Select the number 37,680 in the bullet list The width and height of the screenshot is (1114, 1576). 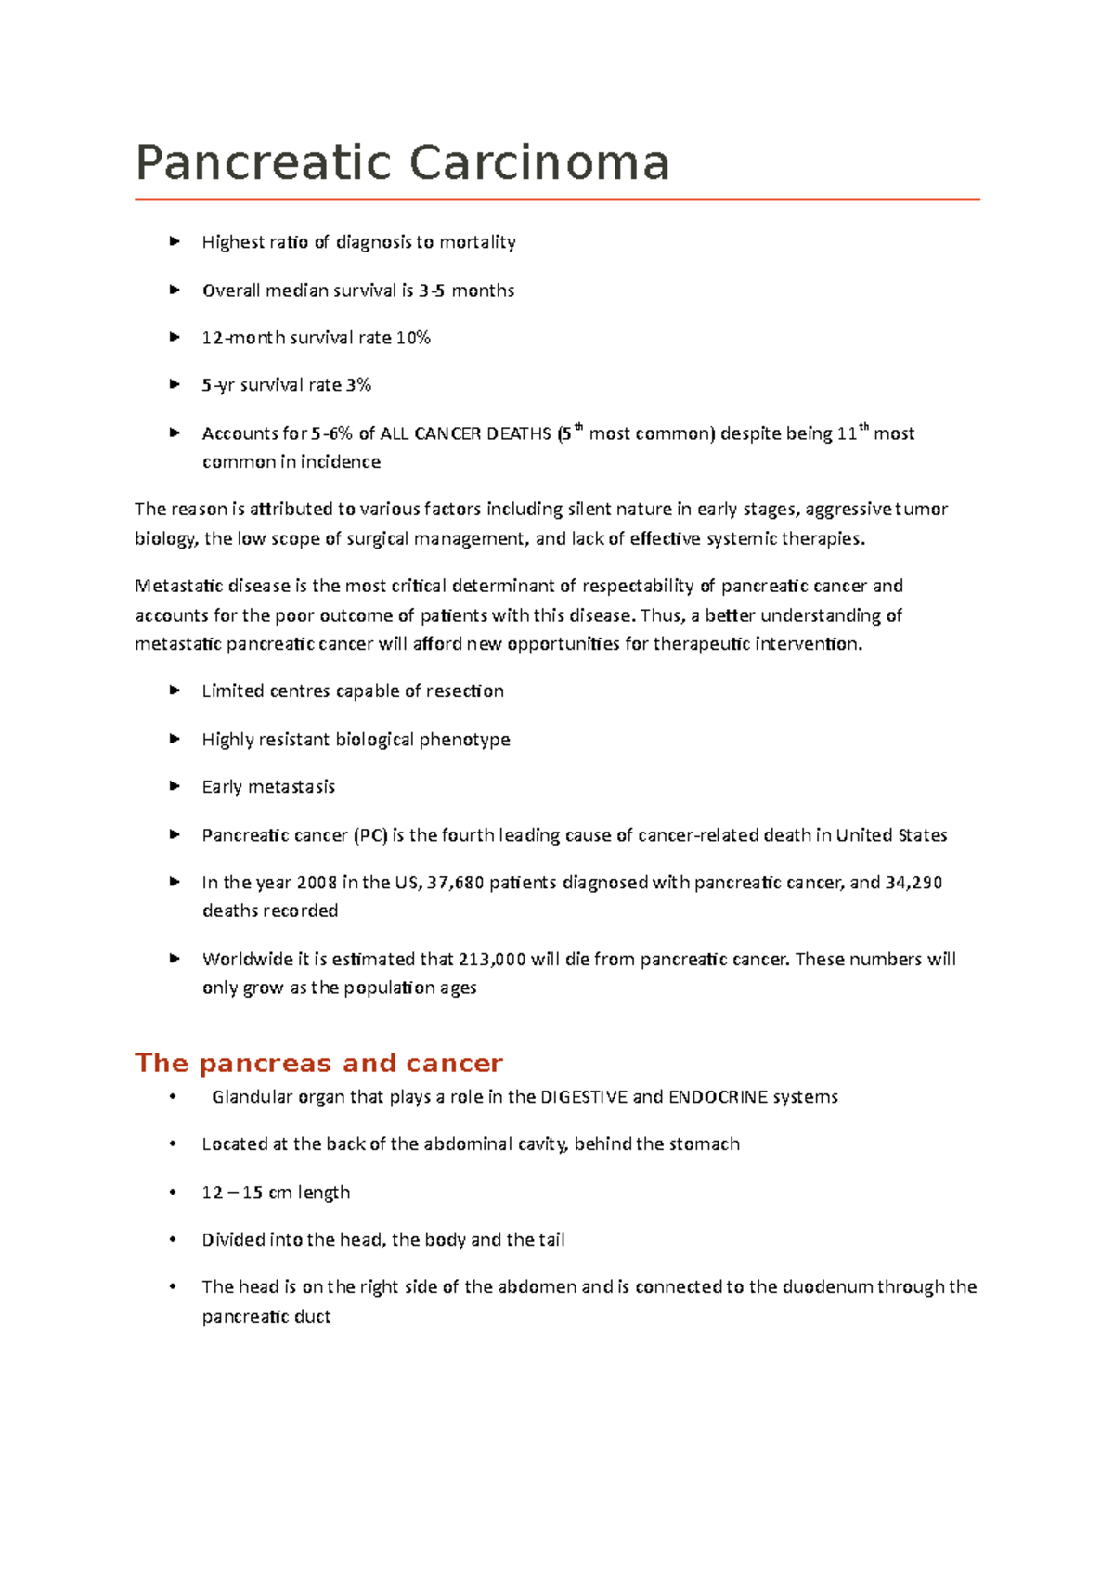tap(456, 883)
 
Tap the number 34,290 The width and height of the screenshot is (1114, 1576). tap(913, 883)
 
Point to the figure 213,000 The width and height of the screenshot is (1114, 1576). tap(492, 960)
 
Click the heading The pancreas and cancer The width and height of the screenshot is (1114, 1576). tap(318, 1063)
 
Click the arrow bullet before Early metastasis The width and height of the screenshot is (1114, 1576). tap(174, 786)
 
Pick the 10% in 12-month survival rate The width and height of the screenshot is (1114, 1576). tap(413, 338)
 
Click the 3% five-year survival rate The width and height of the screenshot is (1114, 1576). tap(358, 385)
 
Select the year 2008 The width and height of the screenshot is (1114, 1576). tap(317, 883)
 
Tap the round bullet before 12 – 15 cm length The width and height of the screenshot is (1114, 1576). tap(173, 1193)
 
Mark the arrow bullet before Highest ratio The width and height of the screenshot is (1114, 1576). tap(174, 241)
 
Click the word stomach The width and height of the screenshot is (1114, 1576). tap(705, 1144)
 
